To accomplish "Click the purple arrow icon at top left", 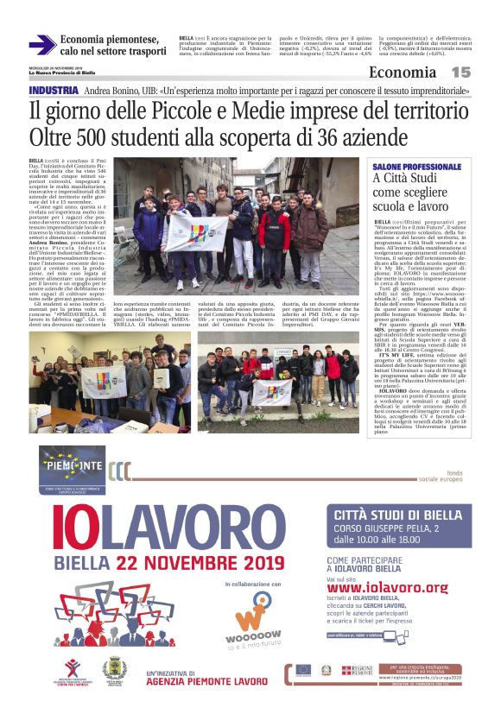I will tap(42, 45).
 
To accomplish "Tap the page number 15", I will tap(460, 73).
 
